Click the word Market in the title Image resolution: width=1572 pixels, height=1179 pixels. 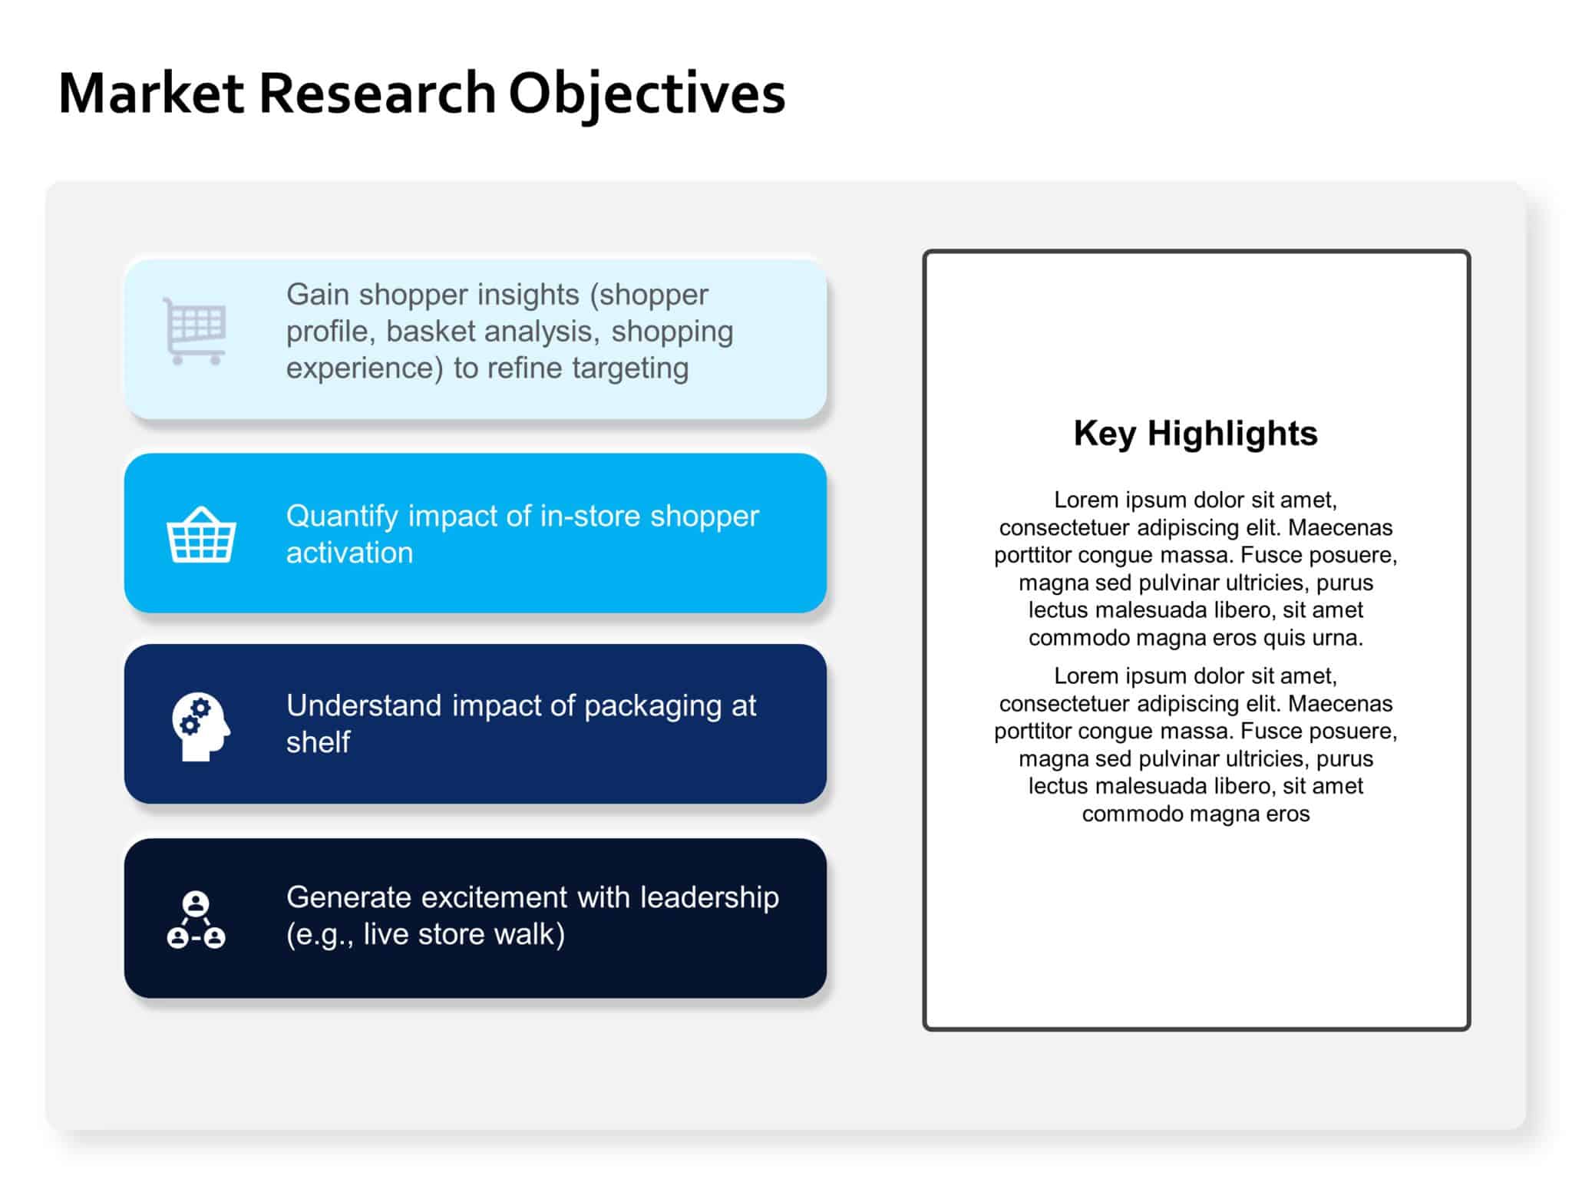tap(150, 93)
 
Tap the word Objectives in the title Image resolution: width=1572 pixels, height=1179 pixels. tap(646, 93)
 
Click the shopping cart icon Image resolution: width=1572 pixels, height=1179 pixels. tap(195, 331)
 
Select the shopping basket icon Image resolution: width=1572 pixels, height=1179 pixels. tap(201, 535)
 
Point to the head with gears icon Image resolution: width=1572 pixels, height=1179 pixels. tap(200, 726)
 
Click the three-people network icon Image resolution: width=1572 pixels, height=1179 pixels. tap(196, 920)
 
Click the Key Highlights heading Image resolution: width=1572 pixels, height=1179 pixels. tap(1195, 433)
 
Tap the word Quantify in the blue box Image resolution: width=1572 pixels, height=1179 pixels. tap(342, 517)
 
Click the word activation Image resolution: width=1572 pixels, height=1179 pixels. tap(349, 553)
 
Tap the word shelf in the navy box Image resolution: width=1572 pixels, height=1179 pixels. tap(318, 742)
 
